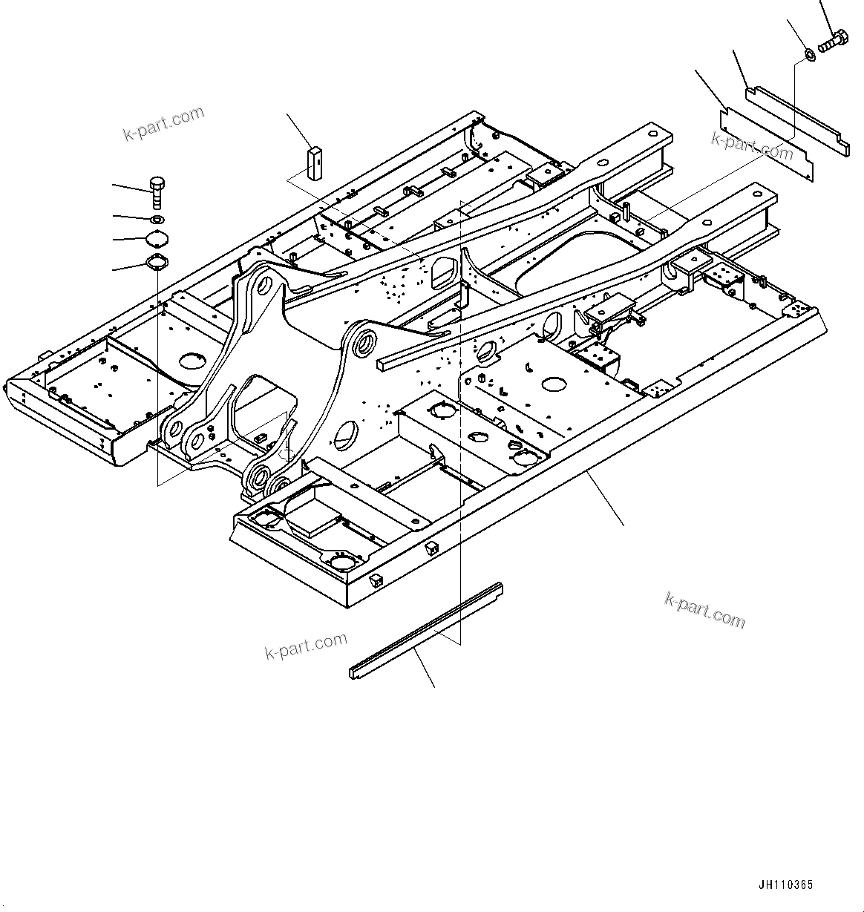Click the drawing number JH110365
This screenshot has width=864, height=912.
(785, 885)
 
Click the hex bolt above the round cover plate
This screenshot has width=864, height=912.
(157, 191)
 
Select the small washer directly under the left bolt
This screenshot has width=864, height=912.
(157, 220)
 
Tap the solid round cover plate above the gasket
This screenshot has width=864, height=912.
(157, 238)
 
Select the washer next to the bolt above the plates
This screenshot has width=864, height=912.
(811, 53)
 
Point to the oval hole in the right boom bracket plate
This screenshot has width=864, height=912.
(346, 434)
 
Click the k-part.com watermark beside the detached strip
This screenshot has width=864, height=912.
(306, 646)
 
